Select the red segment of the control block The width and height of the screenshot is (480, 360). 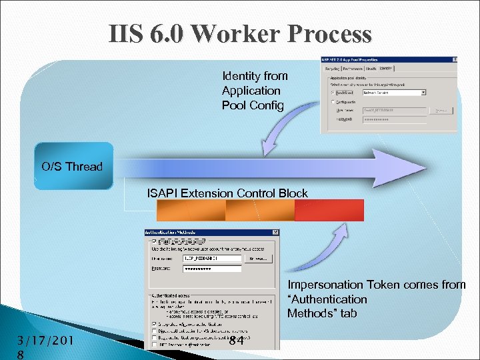tap(329, 210)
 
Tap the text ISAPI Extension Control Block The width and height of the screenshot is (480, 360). tap(227, 193)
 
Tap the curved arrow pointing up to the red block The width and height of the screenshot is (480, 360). tap(327, 247)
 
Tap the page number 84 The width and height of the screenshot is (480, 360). tap(235, 341)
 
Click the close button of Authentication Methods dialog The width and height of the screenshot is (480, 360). tap(275, 232)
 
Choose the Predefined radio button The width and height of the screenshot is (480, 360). tap(333, 93)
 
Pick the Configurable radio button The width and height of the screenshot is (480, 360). tap(333, 102)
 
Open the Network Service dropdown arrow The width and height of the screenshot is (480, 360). tap(423, 93)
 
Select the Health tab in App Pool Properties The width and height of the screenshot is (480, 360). tap(371, 69)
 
